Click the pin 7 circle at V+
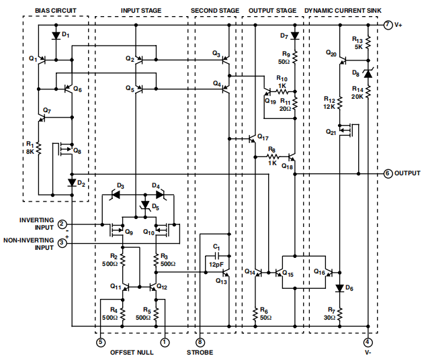click(388, 25)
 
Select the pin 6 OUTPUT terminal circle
click(388, 173)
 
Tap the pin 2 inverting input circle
click(62, 224)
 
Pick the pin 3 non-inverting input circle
click(62, 243)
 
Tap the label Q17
click(262, 137)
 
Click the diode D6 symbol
click(340, 288)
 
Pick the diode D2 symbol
click(72, 182)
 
